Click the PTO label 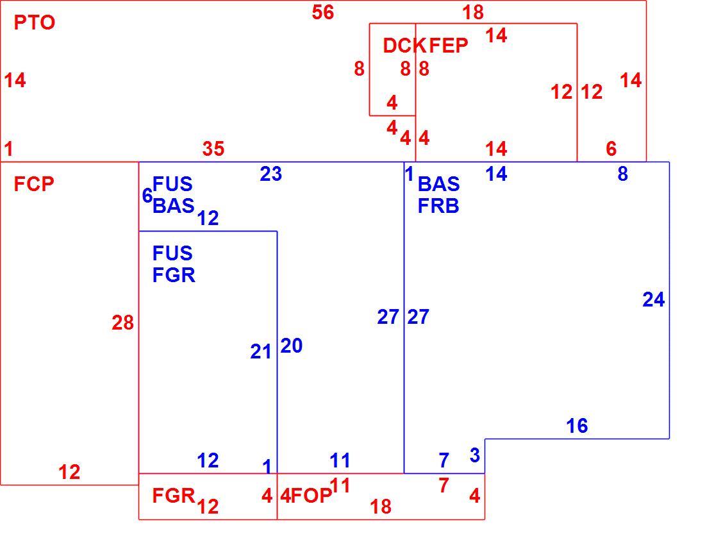pyautogui.click(x=35, y=22)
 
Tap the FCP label pyautogui.click(x=34, y=184)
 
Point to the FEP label pyautogui.click(x=449, y=46)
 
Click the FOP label pyautogui.click(x=311, y=496)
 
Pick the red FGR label pyautogui.click(x=174, y=496)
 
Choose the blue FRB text pyautogui.click(x=438, y=206)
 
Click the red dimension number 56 pyautogui.click(x=323, y=12)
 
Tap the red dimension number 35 pyautogui.click(x=213, y=149)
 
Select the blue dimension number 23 pyautogui.click(x=270, y=174)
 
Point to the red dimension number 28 pyautogui.click(x=123, y=323)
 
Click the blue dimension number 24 pyautogui.click(x=653, y=300)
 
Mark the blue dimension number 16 pyautogui.click(x=577, y=426)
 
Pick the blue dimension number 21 pyautogui.click(x=261, y=352)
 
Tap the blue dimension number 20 pyautogui.click(x=292, y=346)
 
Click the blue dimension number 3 pyautogui.click(x=475, y=455)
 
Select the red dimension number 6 pyautogui.click(x=611, y=149)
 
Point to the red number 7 pyautogui.click(x=444, y=485)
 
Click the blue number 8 pyautogui.click(x=623, y=174)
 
